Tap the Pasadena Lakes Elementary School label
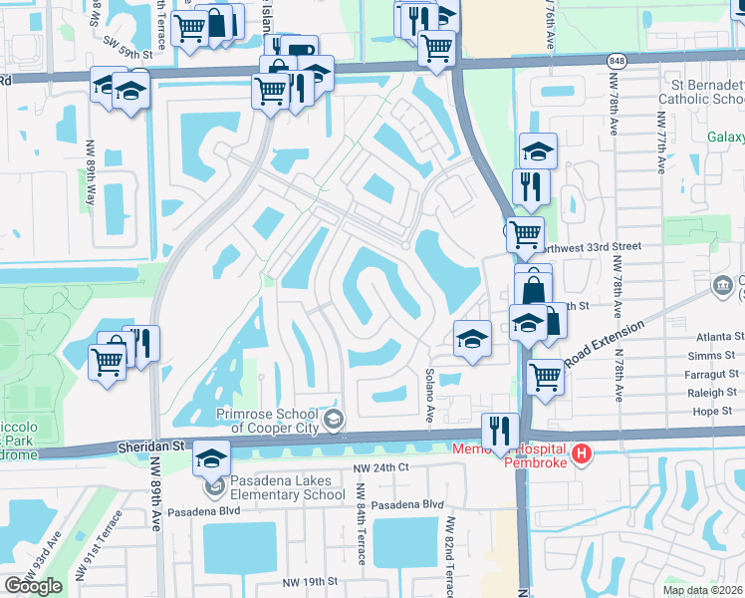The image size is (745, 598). point(283,487)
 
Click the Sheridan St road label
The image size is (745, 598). point(148,448)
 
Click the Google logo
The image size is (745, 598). point(33,586)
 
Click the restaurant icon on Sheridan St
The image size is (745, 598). point(499,431)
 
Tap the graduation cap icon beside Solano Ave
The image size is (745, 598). point(471,339)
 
